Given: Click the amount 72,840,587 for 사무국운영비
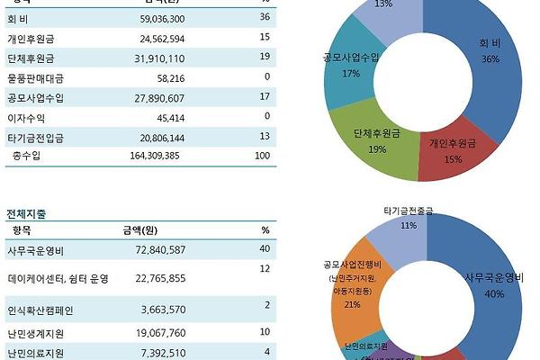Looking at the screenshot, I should click(x=158, y=248).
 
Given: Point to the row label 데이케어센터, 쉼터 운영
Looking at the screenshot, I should click(x=58, y=279).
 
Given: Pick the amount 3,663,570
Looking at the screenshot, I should click(x=162, y=310).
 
